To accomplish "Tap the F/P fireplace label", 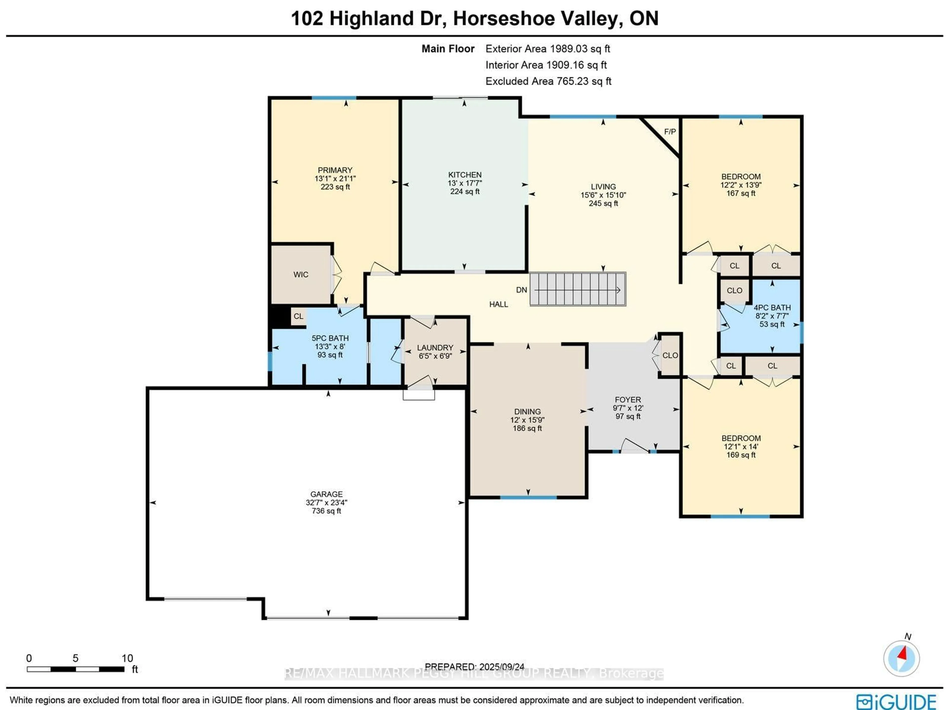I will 670,132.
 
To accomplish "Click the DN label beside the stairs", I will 521,290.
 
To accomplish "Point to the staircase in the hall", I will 577,289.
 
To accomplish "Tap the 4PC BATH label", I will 772,307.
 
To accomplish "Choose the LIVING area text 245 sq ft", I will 603,203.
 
